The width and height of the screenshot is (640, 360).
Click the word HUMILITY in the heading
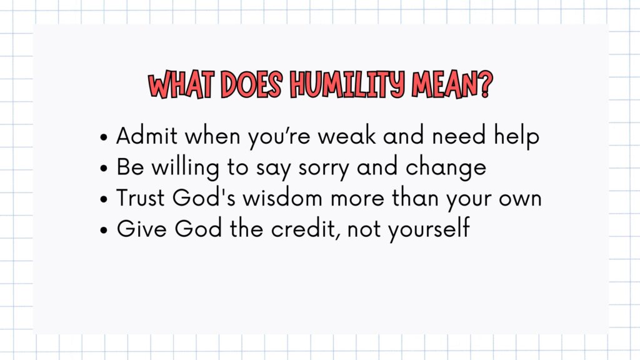click(x=347, y=85)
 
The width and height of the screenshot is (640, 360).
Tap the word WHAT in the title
click(x=181, y=85)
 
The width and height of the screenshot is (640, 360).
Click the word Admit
click(x=147, y=136)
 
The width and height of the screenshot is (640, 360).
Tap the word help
click(x=517, y=136)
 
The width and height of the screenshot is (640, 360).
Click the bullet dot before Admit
click(x=104, y=137)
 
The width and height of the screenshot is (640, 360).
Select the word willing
click(x=185, y=167)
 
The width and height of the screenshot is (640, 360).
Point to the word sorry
click(x=323, y=169)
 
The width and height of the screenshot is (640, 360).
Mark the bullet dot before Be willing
click(x=104, y=168)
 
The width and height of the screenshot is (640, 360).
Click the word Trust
click(x=140, y=198)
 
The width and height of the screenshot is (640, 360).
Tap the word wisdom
click(x=282, y=197)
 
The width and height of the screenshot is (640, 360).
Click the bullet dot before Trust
click(x=104, y=199)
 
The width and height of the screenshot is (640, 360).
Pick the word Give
click(x=142, y=229)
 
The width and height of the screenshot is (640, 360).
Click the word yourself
click(x=429, y=229)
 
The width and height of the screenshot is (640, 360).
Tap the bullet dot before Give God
click(x=104, y=230)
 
